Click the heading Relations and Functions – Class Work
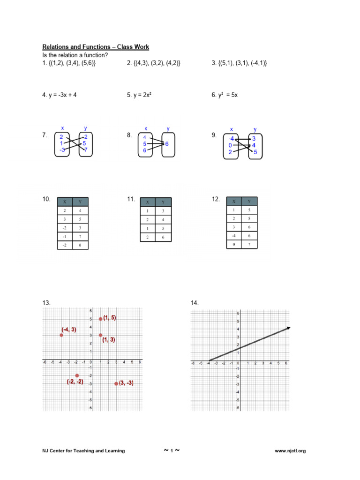96,47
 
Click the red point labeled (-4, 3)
61,335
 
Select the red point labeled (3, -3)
116,383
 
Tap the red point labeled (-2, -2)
77,375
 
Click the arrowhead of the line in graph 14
288,328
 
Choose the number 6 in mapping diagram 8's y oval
166,144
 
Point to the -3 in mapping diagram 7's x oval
62,150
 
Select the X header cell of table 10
65,202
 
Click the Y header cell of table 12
249,201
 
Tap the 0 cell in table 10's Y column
80,245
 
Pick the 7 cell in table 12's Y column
249,244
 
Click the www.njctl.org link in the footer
290,451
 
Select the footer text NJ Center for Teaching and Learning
83,451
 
